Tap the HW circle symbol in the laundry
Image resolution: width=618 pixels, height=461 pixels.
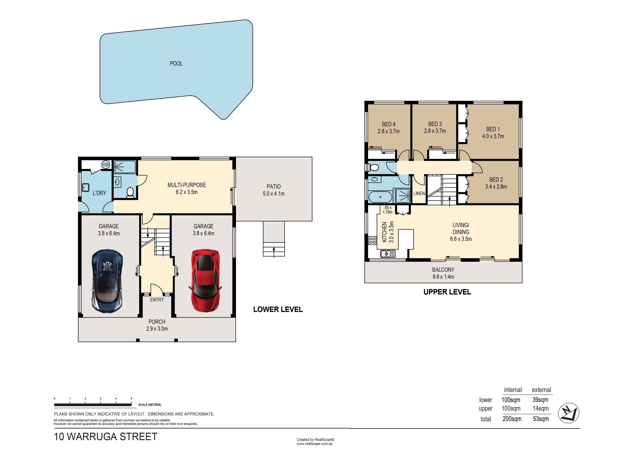(x=105, y=165)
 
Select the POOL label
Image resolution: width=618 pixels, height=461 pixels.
(x=176, y=64)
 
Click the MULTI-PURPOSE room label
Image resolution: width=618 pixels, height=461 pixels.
(x=187, y=185)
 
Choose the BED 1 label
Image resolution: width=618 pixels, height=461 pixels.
(x=493, y=129)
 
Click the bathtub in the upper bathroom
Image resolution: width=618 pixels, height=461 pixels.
(x=380, y=197)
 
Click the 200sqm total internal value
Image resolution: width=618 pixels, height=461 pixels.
(x=512, y=419)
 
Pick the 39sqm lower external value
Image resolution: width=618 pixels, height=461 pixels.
(x=540, y=400)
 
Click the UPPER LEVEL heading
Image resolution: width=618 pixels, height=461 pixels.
(x=447, y=292)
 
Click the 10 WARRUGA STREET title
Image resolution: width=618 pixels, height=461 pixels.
(x=105, y=436)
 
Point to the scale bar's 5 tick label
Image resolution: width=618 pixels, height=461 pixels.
(x=131, y=399)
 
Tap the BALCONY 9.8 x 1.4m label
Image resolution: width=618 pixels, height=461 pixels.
(x=443, y=273)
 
